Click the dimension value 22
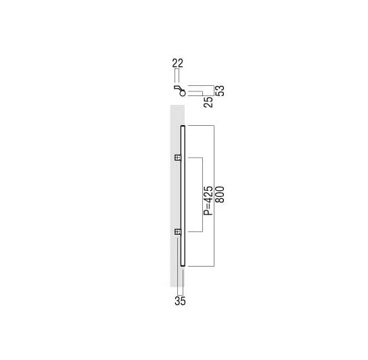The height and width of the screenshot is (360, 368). [x=177, y=64]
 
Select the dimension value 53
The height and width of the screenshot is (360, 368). [x=220, y=91]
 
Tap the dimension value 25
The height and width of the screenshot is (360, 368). [x=208, y=102]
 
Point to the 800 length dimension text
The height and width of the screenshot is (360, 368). [x=220, y=194]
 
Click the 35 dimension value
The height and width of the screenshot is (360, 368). [x=180, y=301]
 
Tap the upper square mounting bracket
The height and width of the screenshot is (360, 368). [x=178, y=157]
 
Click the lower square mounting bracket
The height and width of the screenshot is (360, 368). [x=178, y=232]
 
